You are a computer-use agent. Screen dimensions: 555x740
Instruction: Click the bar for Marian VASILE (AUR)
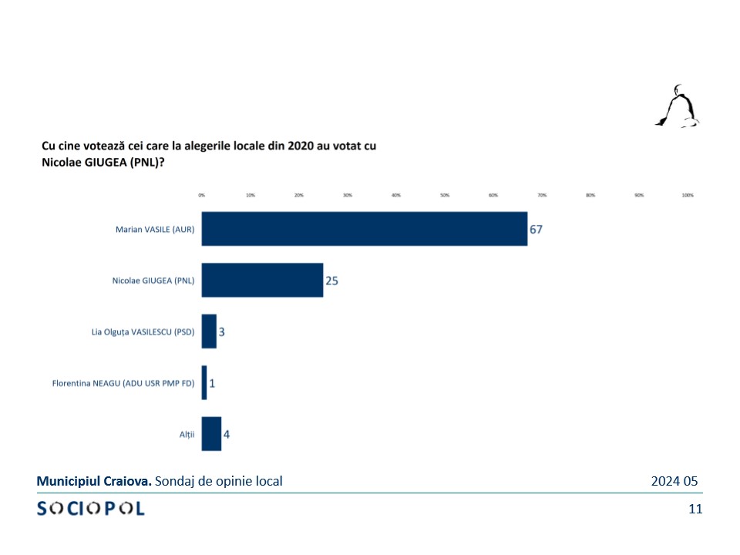[365, 229]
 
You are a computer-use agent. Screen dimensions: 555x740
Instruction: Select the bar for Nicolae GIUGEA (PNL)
[262, 280]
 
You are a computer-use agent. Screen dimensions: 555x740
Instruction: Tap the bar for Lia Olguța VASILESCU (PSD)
[209, 331]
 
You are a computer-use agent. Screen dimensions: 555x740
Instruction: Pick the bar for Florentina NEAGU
[204, 382]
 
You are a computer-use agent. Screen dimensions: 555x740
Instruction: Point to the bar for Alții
[211, 434]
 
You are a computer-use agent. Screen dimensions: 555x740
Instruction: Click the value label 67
[536, 230]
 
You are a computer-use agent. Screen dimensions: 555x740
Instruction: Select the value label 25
[331, 281]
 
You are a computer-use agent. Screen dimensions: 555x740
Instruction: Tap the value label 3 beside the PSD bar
[221, 332]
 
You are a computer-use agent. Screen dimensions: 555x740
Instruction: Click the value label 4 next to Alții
[227, 435]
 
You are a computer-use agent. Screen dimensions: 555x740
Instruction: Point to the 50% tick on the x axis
[445, 196]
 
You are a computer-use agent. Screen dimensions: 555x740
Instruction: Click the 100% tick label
[688, 196]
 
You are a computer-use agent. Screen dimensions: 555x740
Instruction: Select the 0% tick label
[202, 196]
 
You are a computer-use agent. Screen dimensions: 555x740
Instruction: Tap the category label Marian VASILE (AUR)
[155, 230]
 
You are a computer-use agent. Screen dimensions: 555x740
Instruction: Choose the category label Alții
[187, 435]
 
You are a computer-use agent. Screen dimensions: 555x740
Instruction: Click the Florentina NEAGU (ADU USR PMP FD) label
[123, 383]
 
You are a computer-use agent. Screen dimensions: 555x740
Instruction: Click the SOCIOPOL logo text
[91, 509]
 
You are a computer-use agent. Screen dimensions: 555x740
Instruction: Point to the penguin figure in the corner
[678, 106]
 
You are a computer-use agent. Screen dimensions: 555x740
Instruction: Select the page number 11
[695, 509]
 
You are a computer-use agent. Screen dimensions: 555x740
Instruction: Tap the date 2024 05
[674, 481]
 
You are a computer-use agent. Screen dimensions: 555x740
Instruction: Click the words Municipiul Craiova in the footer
[94, 481]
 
